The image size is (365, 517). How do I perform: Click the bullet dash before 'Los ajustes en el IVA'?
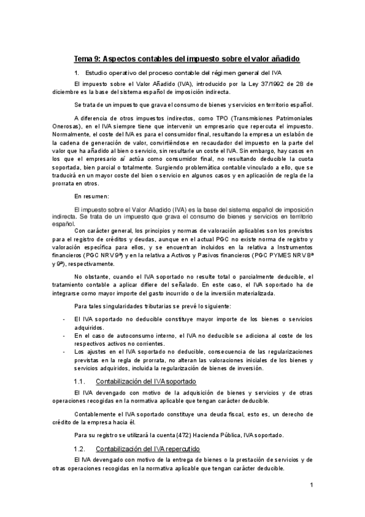(x=65, y=352)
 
